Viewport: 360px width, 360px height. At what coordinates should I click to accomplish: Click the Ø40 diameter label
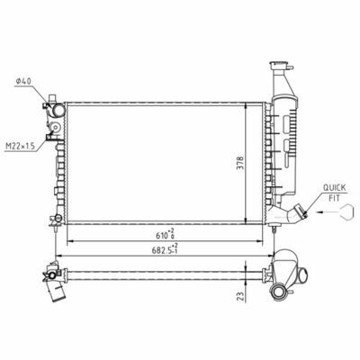point(24,81)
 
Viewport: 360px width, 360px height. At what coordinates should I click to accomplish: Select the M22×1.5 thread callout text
point(21,146)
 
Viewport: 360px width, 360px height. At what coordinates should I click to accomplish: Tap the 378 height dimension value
point(240,163)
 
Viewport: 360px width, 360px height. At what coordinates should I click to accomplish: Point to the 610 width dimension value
point(165,235)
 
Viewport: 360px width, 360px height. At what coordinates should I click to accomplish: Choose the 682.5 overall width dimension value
point(165,249)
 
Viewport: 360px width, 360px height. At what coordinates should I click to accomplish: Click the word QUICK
point(334,188)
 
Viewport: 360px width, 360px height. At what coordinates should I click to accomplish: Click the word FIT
point(334,198)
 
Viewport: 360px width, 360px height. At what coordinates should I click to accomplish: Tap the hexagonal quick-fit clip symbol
point(347,211)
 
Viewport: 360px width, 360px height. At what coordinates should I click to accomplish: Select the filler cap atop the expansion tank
point(279,66)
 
